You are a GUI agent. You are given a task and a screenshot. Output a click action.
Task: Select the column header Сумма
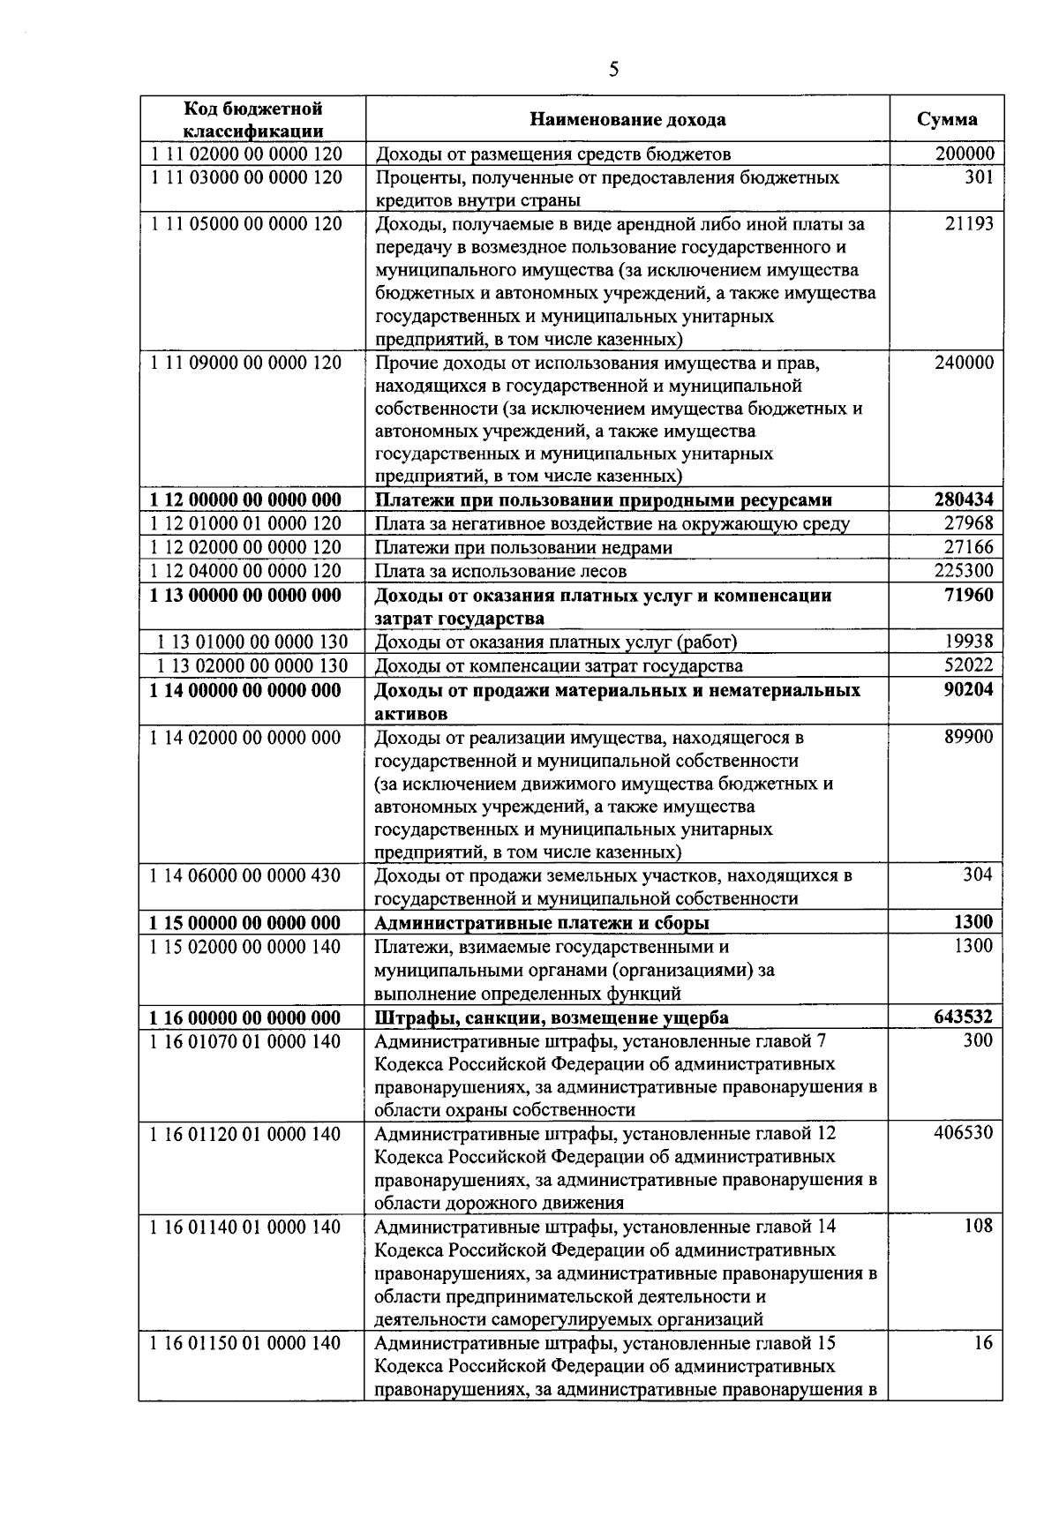point(947,119)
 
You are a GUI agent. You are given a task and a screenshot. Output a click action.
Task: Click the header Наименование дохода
point(627,119)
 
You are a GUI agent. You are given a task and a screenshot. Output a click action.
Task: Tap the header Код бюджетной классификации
point(252,119)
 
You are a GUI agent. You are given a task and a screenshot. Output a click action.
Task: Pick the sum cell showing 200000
point(964,154)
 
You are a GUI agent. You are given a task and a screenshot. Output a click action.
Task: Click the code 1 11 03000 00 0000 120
point(246,177)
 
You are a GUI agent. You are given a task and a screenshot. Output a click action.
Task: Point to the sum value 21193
point(968,223)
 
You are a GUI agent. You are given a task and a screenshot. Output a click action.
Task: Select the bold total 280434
point(964,499)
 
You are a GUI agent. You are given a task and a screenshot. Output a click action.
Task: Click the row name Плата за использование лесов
point(501,571)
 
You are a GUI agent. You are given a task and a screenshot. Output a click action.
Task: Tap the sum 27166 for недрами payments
point(968,547)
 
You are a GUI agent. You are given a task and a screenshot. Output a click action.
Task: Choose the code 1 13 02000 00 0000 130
point(252,665)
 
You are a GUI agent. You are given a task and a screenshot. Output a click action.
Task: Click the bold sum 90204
point(968,689)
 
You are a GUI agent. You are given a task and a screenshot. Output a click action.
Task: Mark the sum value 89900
point(968,737)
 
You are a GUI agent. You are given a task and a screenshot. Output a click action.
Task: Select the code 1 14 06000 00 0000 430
point(246,875)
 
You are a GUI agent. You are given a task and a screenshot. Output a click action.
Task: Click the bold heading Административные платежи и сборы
point(542,922)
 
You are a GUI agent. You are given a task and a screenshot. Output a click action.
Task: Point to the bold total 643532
point(964,1017)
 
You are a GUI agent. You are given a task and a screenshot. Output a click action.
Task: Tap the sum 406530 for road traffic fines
point(964,1132)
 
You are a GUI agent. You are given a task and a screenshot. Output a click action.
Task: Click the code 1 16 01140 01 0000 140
point(246,1226)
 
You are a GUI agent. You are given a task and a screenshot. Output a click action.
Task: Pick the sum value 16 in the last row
point(983,1342)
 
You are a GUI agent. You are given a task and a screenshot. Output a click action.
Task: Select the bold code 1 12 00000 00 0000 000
point(246,499)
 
